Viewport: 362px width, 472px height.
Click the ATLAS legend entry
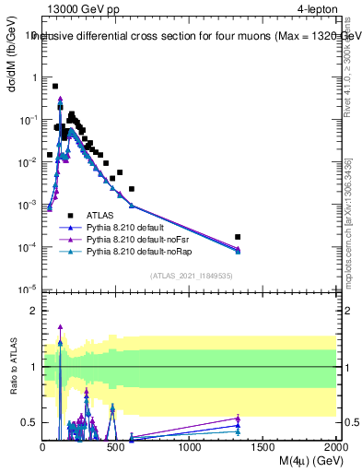point(99,214)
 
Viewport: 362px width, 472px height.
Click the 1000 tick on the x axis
point(190,447)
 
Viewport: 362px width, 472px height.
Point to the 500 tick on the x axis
point(116,447)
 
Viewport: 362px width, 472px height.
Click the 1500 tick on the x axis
point(263,447)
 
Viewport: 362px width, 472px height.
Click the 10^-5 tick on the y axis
point(29,289)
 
